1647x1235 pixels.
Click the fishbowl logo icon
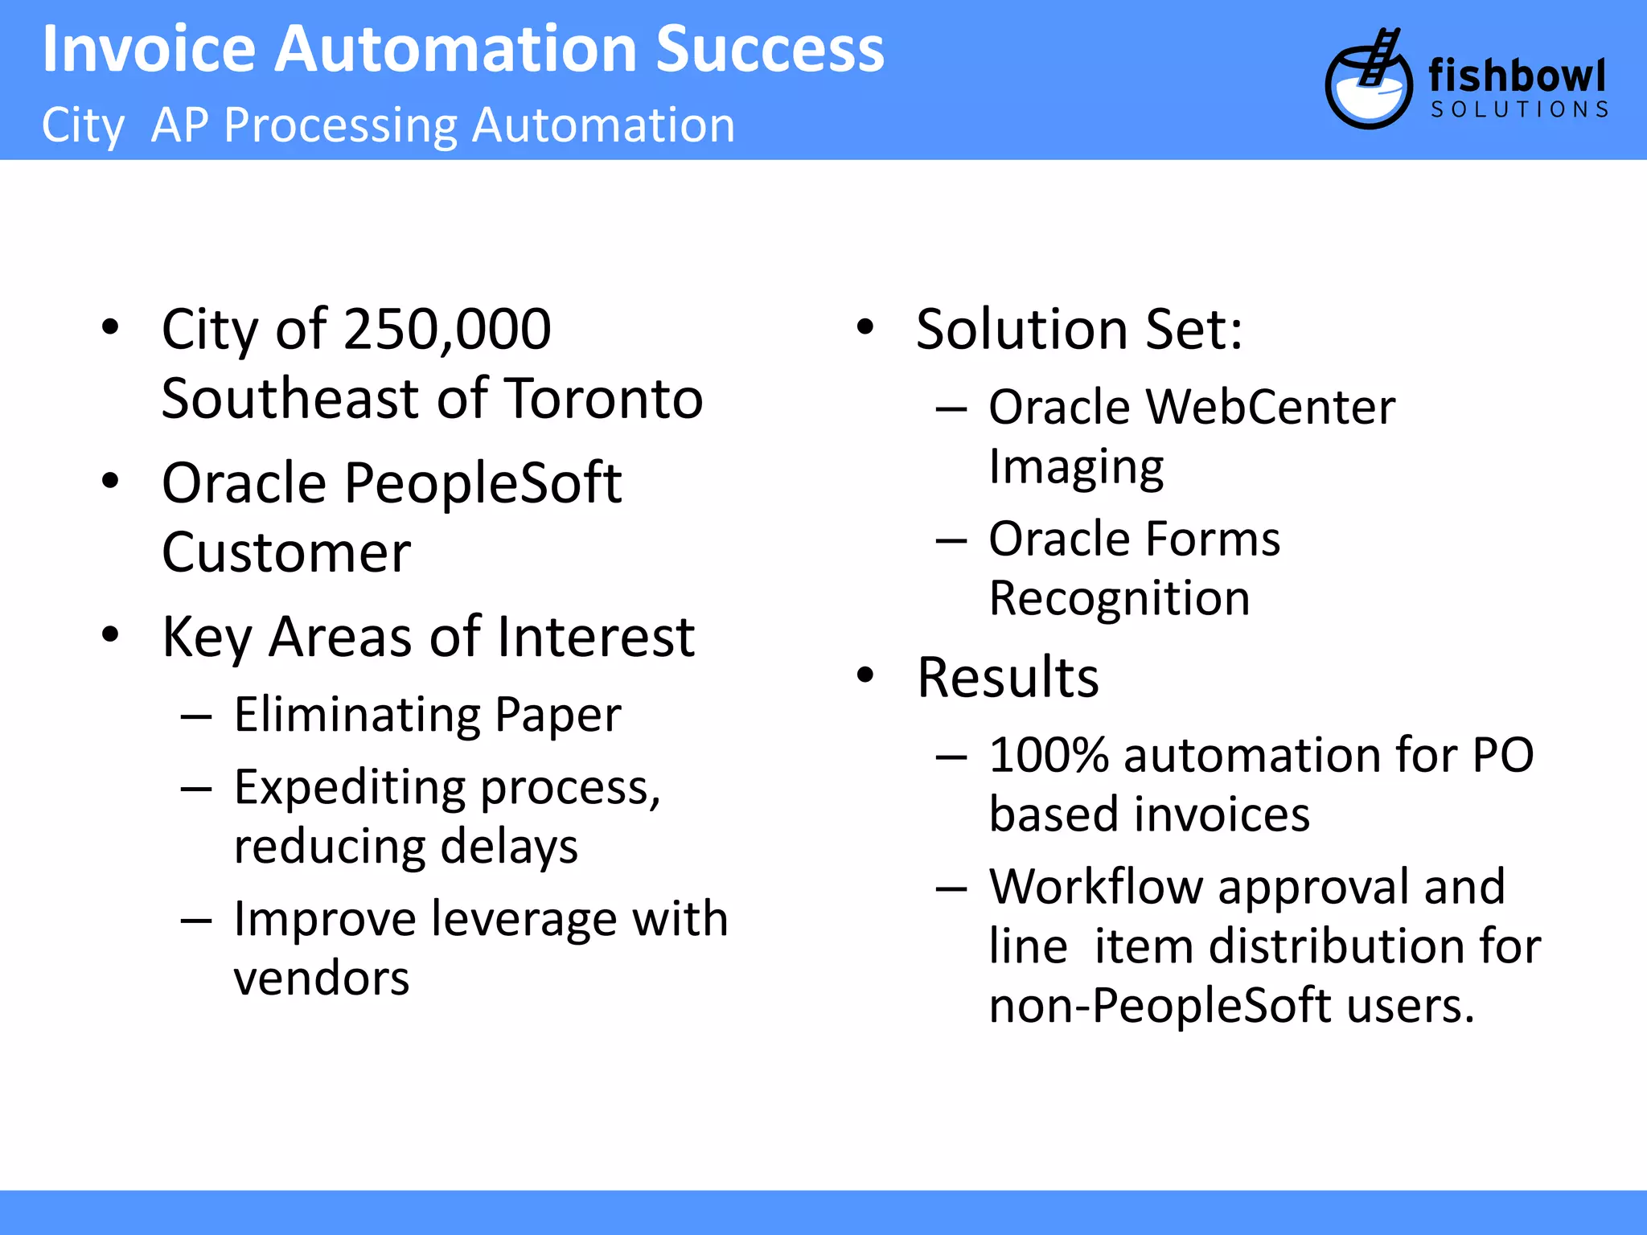coord(1368,80)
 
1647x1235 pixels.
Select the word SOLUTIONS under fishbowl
coord(1519,110)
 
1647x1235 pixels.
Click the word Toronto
coord(605,400)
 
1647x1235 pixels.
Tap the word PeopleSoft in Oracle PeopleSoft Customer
coord(483,484)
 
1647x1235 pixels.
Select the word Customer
coord(286,553)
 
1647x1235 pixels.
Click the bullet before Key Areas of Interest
coord(110,634)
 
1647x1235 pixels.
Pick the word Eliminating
coord(356,715)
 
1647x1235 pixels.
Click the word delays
coord(508,847)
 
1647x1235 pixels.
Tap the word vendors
coord(322,979)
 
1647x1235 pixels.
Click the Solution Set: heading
coord(1079,330)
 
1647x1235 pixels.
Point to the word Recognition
coord(1119,599)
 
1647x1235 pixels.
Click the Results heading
coord(1008,678)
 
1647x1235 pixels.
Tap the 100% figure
coord(1049,756)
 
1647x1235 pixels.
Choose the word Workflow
coord(1095,887)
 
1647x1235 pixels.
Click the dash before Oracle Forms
coord(951,540)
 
